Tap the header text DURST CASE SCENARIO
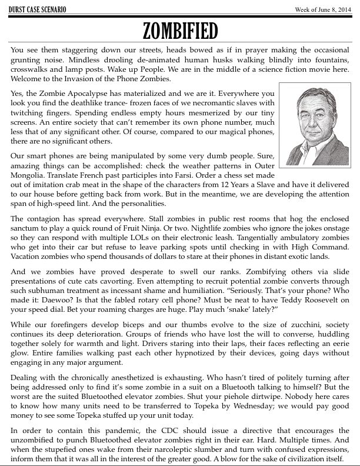click(36, 9)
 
